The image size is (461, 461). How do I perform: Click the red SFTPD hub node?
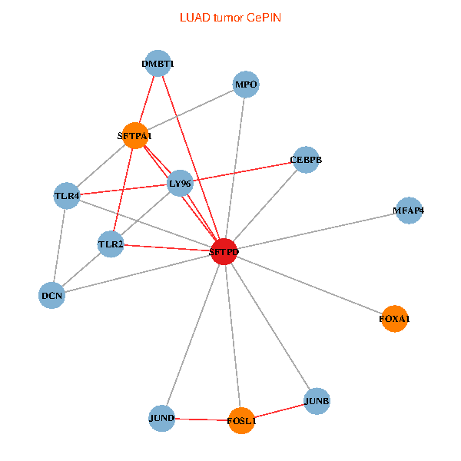[224, 251]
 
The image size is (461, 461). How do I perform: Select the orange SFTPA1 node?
[135, 136]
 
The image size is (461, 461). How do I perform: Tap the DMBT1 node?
[158, 64]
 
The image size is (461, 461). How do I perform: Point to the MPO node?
[246, 85]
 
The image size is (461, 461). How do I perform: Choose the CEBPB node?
[306, 160]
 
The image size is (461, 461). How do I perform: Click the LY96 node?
[179, 183]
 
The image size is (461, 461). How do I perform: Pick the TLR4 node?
[67, 196]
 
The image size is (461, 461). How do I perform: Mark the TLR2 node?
[111, 244]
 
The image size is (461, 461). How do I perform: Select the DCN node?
[51, 295]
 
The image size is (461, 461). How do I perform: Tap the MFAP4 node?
[409, 211]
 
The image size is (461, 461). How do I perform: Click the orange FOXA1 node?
[394, 318]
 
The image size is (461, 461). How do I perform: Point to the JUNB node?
[317, 401]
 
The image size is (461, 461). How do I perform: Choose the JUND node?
[162, 419]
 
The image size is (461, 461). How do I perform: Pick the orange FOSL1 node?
[241, 420]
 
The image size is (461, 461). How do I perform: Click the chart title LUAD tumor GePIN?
[230, 17]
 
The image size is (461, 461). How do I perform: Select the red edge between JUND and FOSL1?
[201, 420]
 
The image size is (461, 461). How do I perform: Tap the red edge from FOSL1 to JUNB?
[279, 411]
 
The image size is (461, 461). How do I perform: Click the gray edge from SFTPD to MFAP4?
[317, 230]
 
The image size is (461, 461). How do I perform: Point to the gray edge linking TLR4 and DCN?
[59, 246]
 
